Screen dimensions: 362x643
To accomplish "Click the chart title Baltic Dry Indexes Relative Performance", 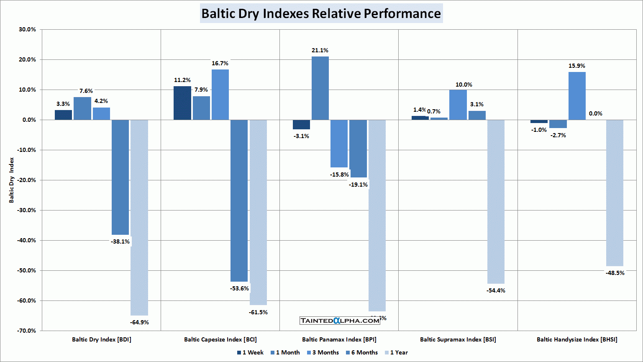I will coord(321,13).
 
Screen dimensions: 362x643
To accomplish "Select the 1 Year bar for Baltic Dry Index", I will coord(139,217).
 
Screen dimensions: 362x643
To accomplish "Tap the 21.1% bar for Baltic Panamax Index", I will coord(320,88).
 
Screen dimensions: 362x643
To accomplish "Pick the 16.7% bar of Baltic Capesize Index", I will coord(220,95).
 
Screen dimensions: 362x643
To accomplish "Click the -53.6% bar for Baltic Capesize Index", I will coord(239,200).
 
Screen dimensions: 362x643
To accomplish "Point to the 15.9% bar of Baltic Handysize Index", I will coord(577,96).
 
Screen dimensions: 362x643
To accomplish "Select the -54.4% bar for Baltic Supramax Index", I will coord(496,201).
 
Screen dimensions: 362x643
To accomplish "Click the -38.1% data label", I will coord(120,241).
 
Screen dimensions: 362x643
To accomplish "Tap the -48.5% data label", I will coord(615,273).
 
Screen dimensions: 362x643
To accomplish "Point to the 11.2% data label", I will coord(182,80).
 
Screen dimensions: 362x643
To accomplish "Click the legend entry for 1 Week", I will coord(250,352).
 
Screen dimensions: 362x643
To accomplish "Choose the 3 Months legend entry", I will coord(323,352).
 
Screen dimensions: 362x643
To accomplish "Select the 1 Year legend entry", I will coord(396,352).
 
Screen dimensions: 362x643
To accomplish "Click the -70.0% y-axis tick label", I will coord(27,331).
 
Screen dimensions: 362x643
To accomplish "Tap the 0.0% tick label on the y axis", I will coord(29,120).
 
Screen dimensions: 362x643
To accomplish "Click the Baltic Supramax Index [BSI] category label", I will coord(458,339).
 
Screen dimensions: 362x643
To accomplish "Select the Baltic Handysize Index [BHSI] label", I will coord(577,339).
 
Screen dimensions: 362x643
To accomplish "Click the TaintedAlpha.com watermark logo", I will coord(340,321).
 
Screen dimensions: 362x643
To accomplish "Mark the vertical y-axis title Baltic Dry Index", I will coord(12,180).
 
